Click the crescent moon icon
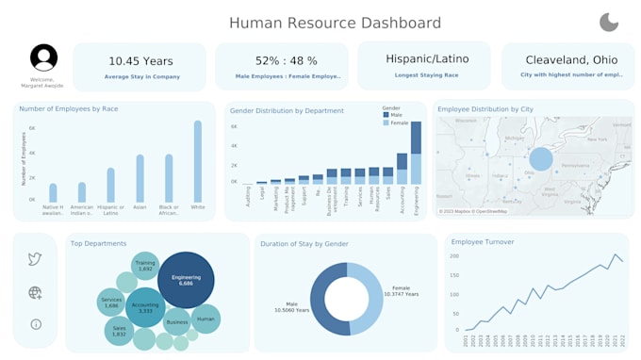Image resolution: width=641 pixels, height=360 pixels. pos(609,23)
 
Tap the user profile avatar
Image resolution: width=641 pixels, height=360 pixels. pos(43,57)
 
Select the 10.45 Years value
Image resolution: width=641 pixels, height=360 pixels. pos(140,61)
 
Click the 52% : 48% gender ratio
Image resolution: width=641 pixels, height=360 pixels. pos(282,61)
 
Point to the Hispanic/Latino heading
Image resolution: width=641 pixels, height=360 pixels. pos(424,58)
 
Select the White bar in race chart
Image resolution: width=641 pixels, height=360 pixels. pos(198,161)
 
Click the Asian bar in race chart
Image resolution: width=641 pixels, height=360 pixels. pos(140,178)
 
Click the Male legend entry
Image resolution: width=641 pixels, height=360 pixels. pos(394,115)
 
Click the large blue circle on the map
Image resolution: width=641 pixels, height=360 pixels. pos(541,160)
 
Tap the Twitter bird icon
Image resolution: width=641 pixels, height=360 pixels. pos(35,259)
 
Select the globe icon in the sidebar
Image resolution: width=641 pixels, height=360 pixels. pos(35,293)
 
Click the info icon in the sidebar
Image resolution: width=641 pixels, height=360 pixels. pos(35,324)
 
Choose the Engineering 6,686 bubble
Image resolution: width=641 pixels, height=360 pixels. pos(186,280)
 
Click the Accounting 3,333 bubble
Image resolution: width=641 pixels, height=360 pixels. pos(145,307)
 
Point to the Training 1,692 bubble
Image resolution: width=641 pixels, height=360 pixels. pos(144,267)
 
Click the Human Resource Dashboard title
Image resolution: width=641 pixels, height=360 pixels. pos(335,23)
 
